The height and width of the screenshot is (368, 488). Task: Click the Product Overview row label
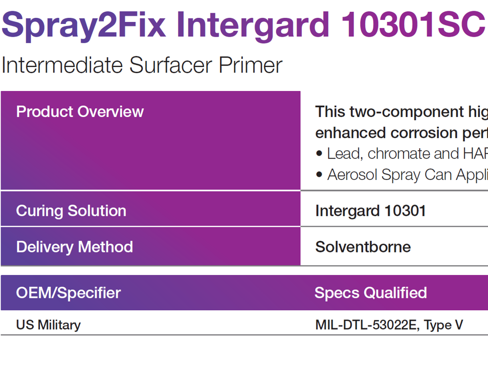click(x=80, y=112)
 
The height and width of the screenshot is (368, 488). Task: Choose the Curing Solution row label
click(x=71, y=211)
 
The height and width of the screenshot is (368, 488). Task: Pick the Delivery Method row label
click(x=75, y=247)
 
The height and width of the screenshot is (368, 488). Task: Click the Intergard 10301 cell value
click(x=370, y=211)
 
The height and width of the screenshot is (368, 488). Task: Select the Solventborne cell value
click(x=363, y=247)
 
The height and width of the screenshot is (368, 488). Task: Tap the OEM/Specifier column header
click(x=69, y=293)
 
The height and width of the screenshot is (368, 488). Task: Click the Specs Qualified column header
click(x=370, y=293)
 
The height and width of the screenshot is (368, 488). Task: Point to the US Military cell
click(x=49, y=325)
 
